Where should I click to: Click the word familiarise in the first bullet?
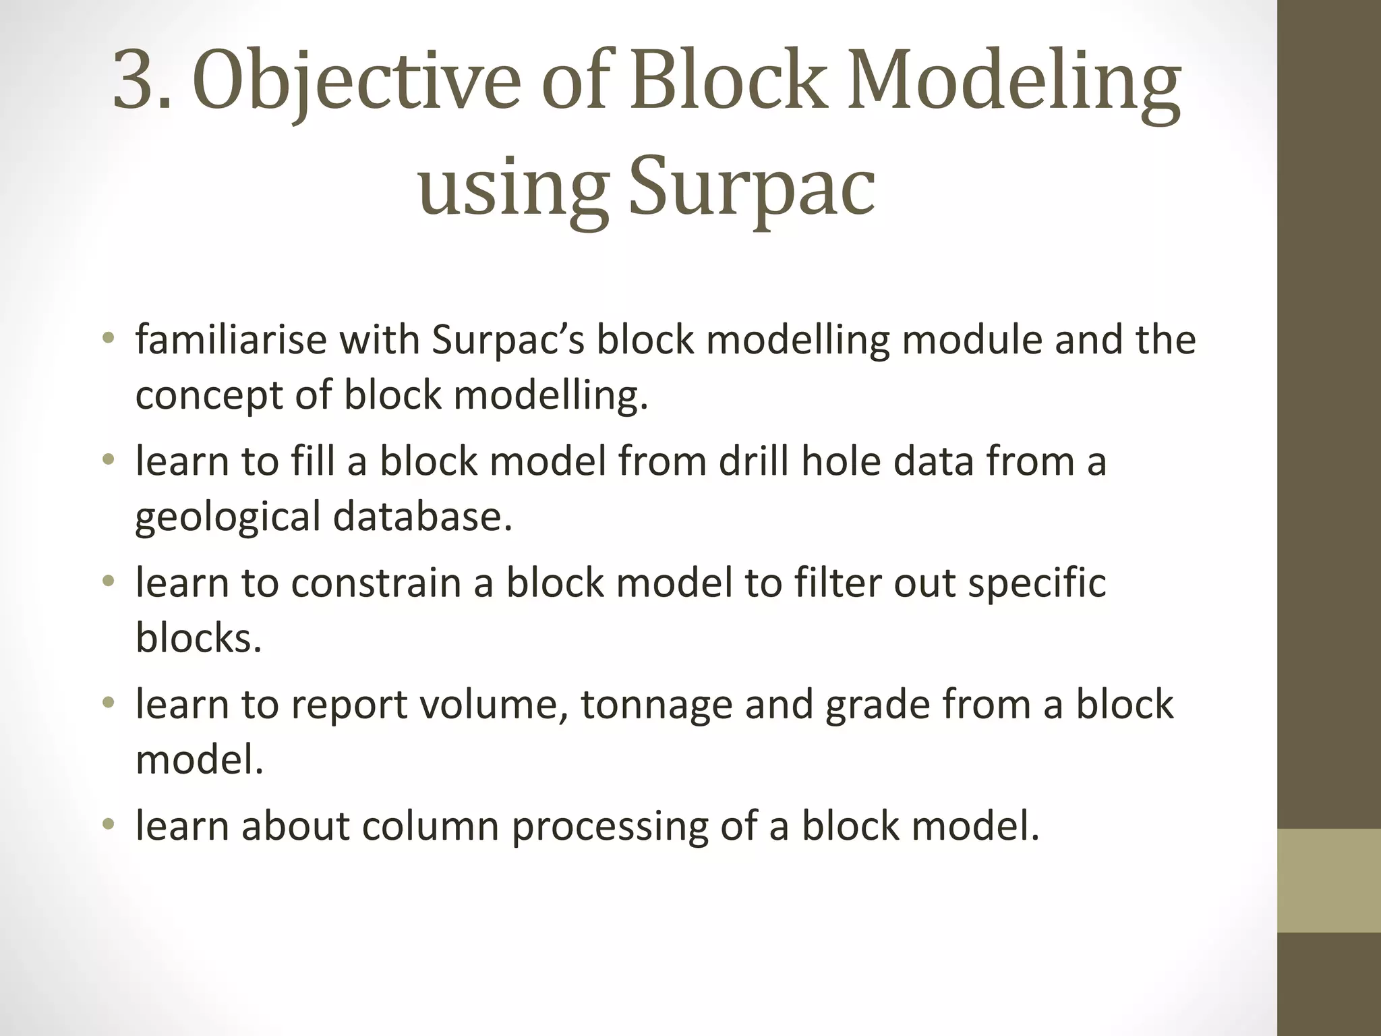[231, 339]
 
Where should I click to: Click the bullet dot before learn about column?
[109, 824]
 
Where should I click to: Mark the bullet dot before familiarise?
[109, 337]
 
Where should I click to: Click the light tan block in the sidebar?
[1328, 880]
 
